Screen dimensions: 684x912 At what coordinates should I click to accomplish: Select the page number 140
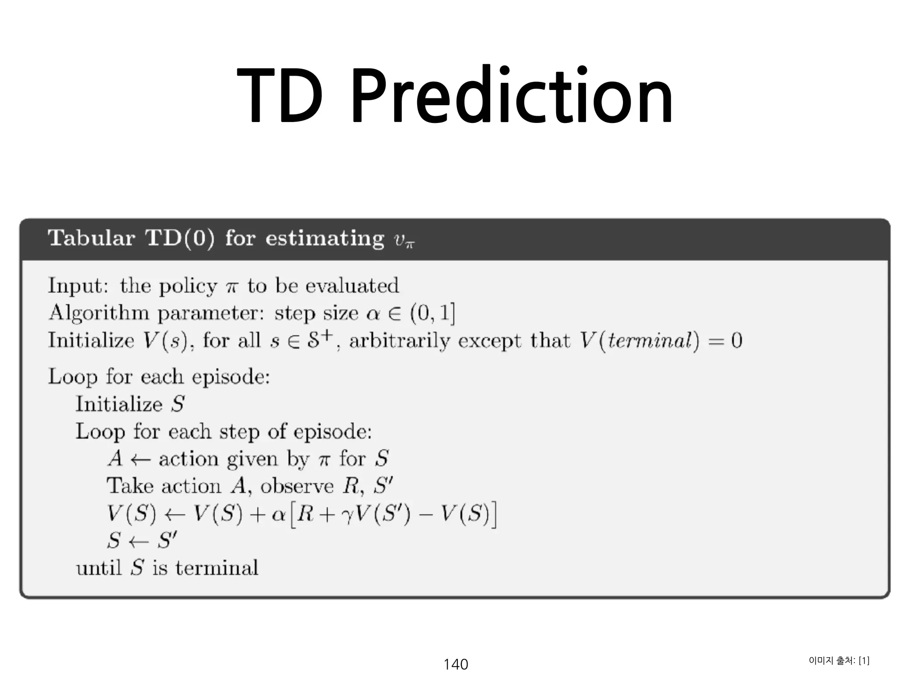[456, 664]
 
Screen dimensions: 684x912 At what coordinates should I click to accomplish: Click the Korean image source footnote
[839, 660]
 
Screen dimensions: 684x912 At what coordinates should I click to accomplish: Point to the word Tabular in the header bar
[91, 238]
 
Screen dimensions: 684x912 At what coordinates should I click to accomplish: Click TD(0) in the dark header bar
[180, 238]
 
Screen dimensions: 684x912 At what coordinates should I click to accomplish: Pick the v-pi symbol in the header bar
[404, 241]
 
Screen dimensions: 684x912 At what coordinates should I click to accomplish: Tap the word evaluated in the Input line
[358, 285]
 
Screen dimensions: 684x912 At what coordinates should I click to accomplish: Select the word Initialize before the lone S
[119, 404]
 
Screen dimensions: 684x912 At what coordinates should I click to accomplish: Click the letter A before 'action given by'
[115, 459]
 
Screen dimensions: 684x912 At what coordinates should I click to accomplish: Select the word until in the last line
[98, 568]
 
